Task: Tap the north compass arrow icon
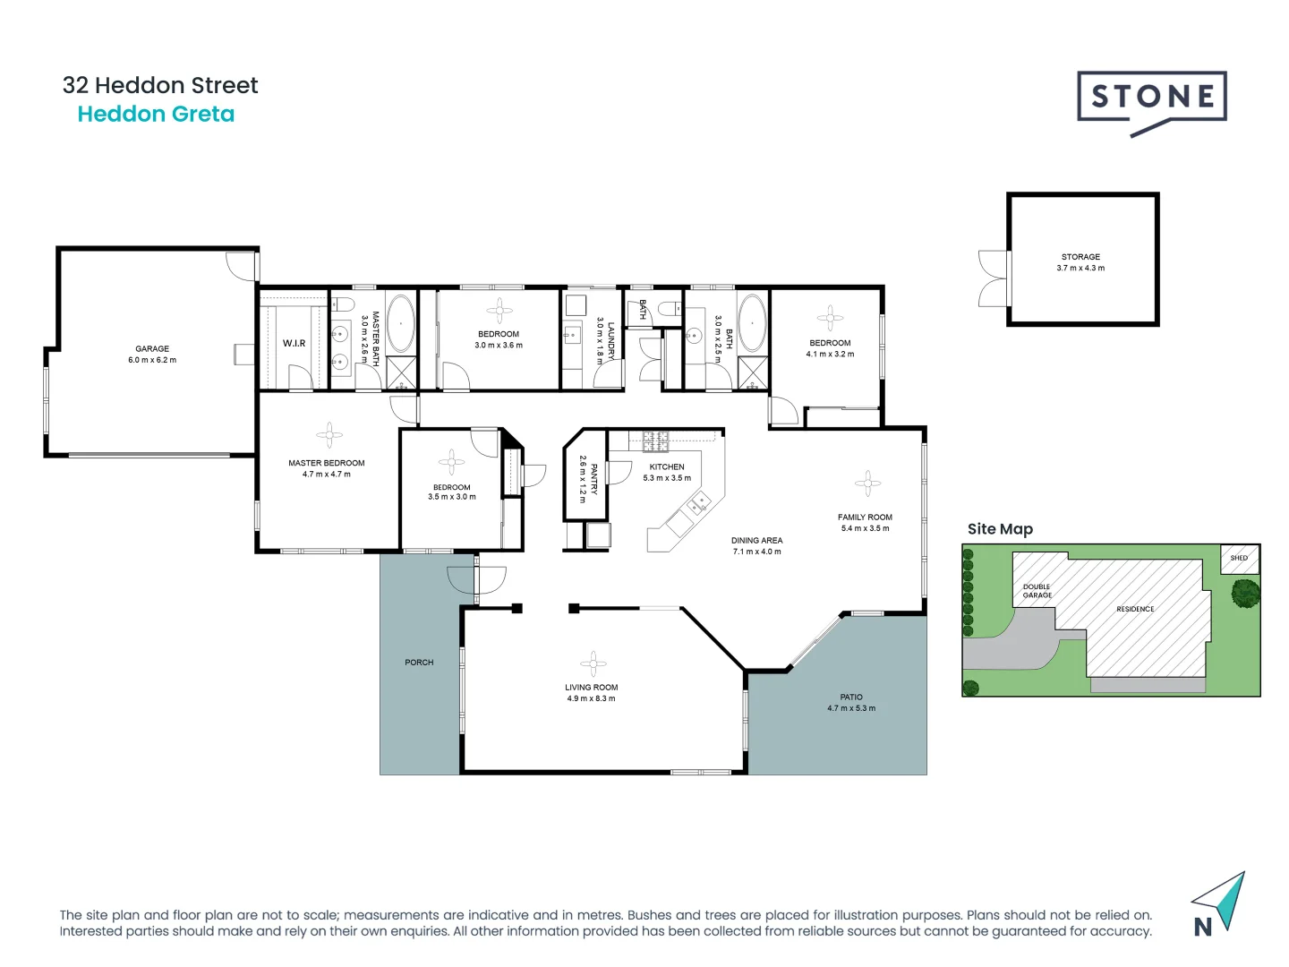click(1220, 903)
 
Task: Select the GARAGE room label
click(152, 349)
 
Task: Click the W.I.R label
click(294, 343)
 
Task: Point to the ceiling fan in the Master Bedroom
click(329, 435)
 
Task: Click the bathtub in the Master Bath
click(400, 323)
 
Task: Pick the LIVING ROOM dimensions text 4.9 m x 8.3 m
click(591, 698)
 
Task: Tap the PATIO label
click(851, 697)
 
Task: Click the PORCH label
click(419, 663)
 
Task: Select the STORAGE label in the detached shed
click(1080, 257)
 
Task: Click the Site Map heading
click(1000, 529)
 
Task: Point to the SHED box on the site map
click(1239, 559)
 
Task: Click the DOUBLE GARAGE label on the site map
click(1037, 591)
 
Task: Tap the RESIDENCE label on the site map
click(1135, 609)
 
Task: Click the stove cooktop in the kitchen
click(655, 440)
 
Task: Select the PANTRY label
click(593, 479)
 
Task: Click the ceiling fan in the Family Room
click(866, 483)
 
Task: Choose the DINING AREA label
click(756, 541)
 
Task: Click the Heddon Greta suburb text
click(156, 115)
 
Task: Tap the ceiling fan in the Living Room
click(592, 663)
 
